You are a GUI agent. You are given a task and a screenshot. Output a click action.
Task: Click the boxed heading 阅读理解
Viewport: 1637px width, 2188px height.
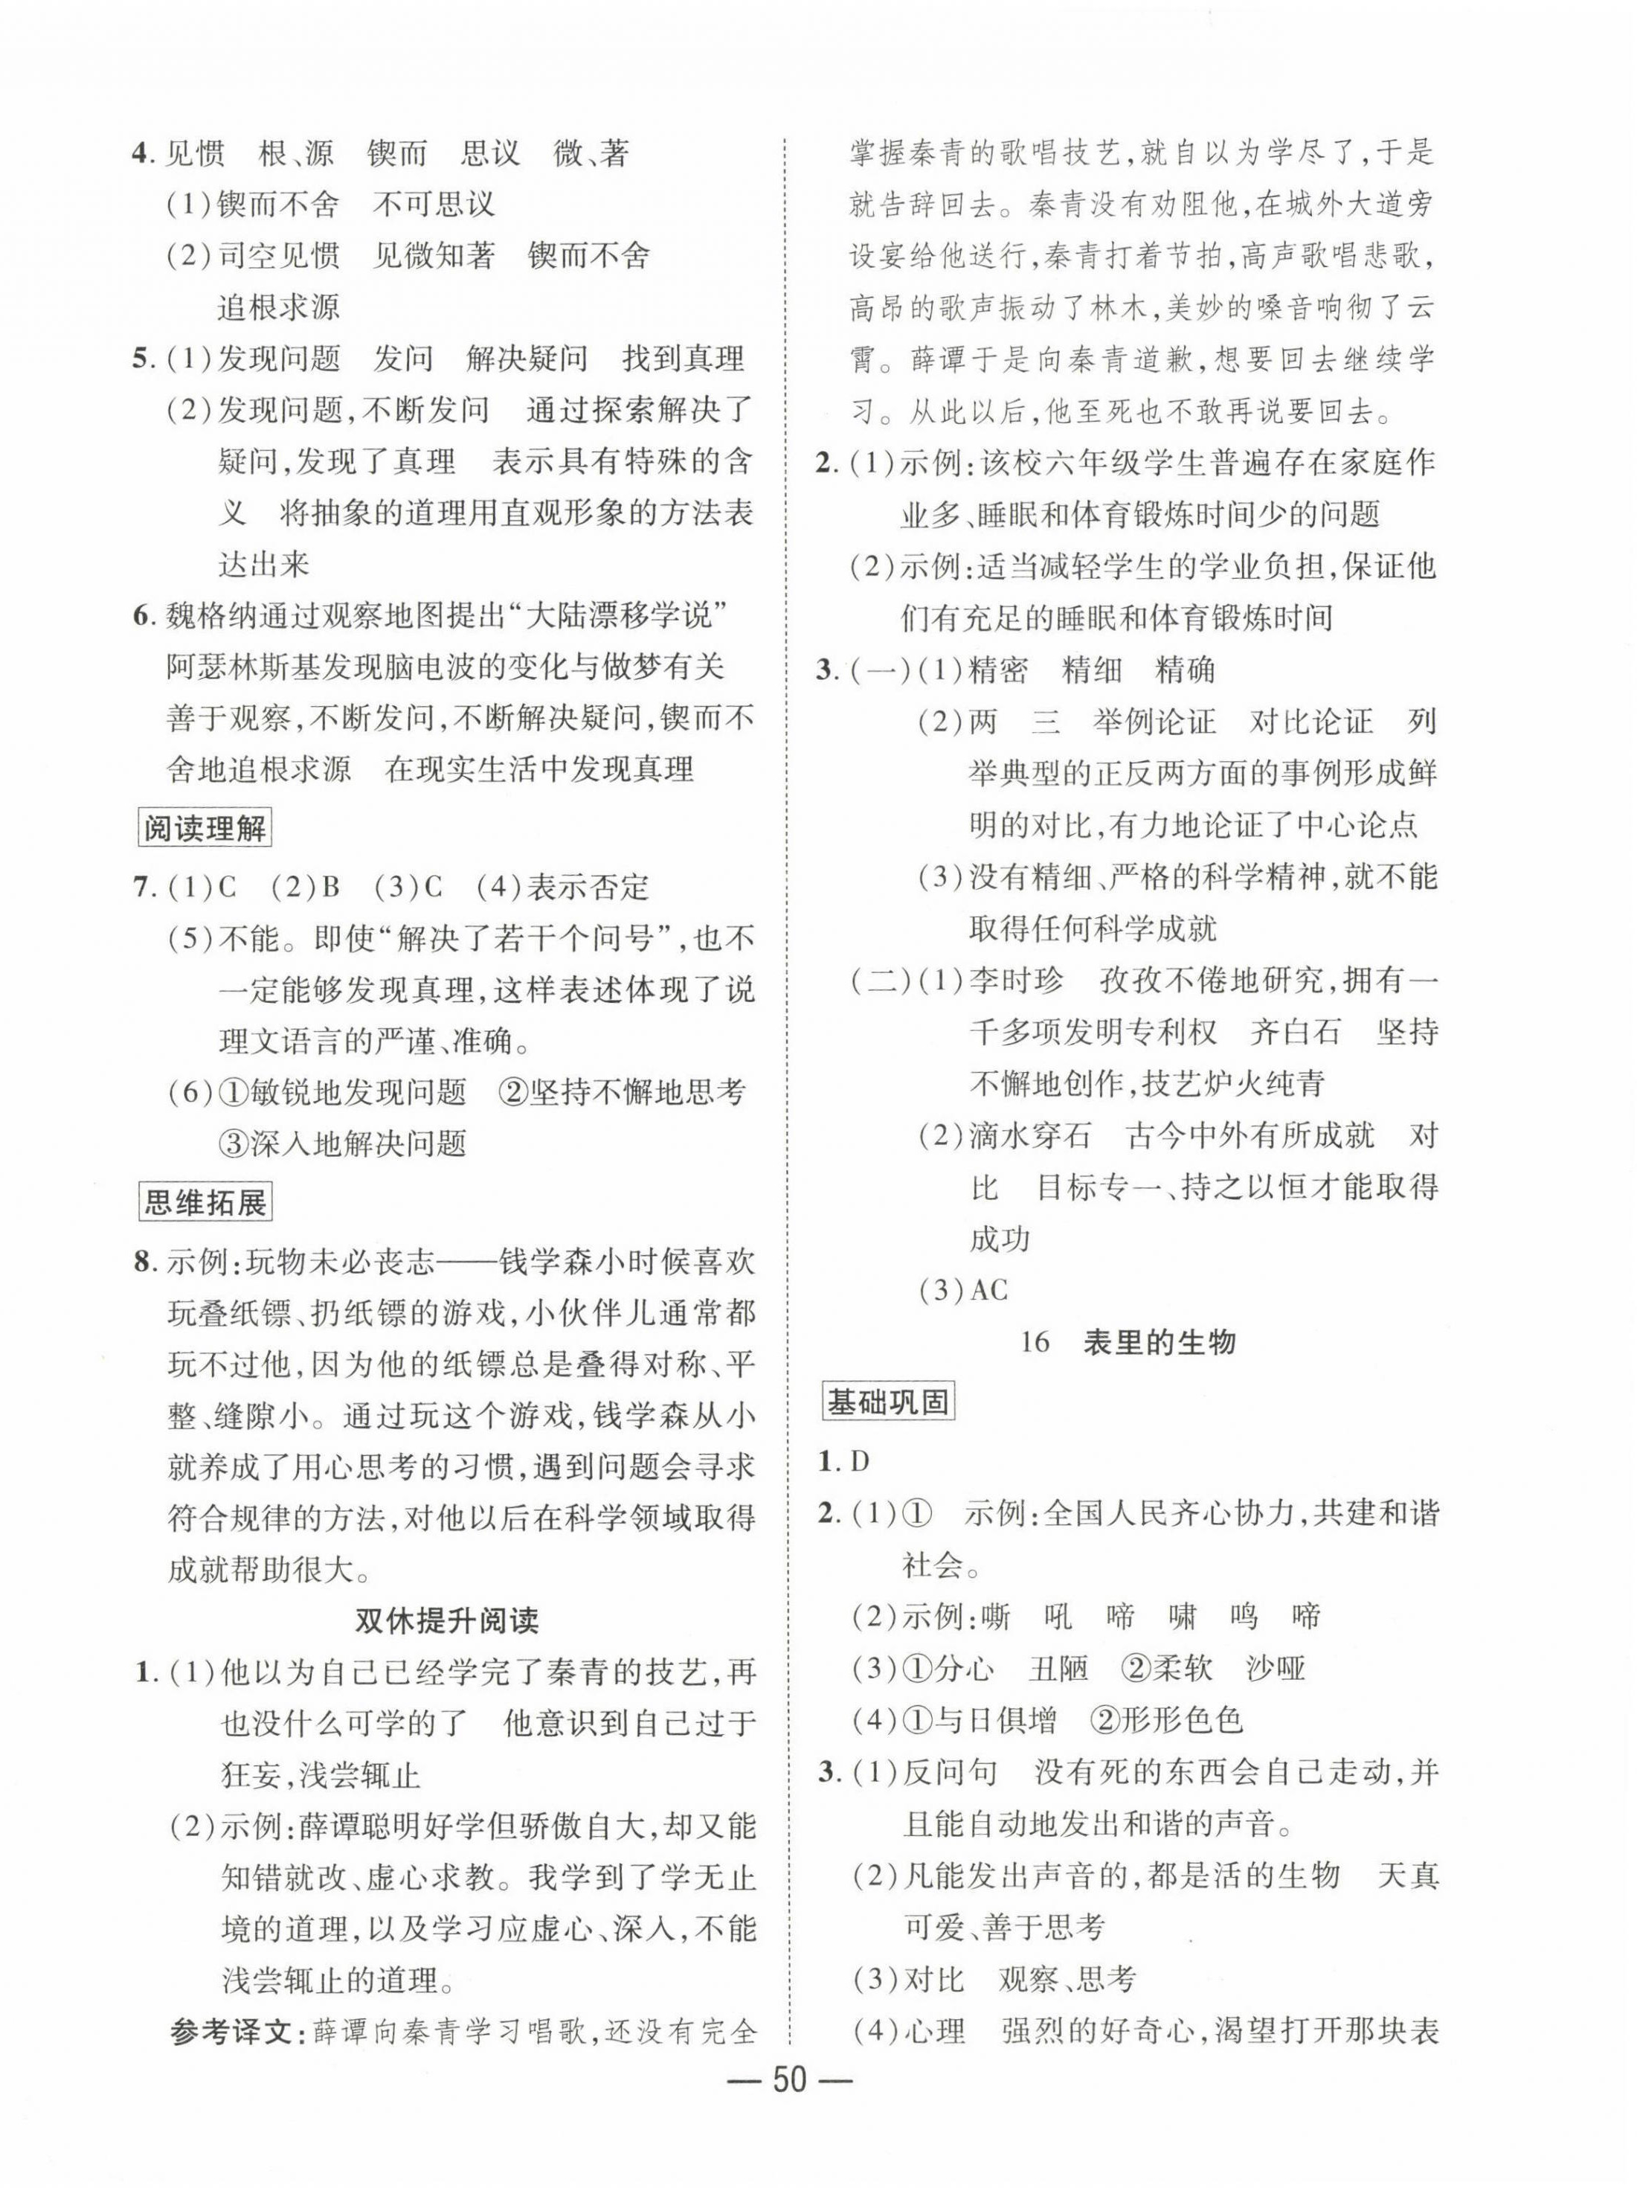pos(205,828)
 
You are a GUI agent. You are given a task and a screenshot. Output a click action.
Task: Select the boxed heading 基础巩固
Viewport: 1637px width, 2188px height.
pos(887,1402)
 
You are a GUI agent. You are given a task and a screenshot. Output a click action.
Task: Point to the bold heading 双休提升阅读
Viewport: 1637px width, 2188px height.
pos(447,1620)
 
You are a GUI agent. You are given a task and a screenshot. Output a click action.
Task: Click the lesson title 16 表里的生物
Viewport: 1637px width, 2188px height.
pos(1128,1342)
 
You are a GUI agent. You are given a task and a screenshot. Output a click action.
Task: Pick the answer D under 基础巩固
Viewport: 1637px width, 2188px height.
pos(858,1461)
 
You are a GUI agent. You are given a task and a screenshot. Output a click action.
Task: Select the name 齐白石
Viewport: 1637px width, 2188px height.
pos(1295,1032)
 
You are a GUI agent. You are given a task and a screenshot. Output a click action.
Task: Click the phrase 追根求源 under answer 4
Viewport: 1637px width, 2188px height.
pos(278,307)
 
